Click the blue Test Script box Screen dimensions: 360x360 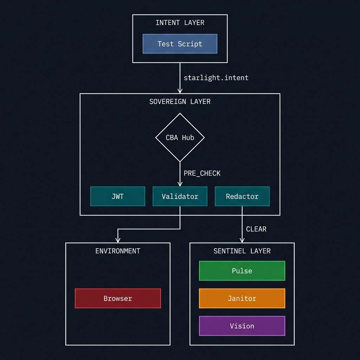point(180,44)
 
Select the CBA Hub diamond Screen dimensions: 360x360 point(180,137)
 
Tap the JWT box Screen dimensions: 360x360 point(117,196)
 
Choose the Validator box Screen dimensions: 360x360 point(180,196)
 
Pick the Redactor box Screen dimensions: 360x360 point(242,196)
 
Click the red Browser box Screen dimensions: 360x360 point(118,298)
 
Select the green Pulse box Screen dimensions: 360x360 point(242,271)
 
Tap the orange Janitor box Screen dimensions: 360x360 point(242,298)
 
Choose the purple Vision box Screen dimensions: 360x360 point(242,326)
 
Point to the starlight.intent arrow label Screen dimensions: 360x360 point(216,78)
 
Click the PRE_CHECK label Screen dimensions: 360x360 point(202,173)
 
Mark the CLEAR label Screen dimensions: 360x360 point(256,229)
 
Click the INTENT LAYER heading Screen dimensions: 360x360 point(180,22)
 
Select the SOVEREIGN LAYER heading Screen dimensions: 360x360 point(180,102)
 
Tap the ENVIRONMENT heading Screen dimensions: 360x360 point(118,251)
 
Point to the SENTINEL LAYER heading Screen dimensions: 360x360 point(242,251)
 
